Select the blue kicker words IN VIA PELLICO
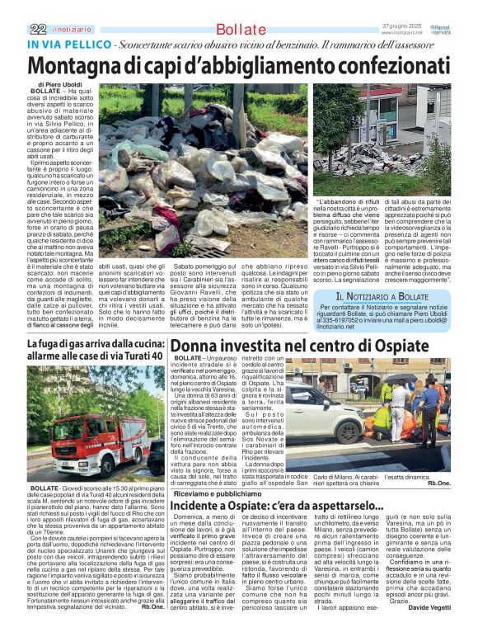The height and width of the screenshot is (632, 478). [70, 43]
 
